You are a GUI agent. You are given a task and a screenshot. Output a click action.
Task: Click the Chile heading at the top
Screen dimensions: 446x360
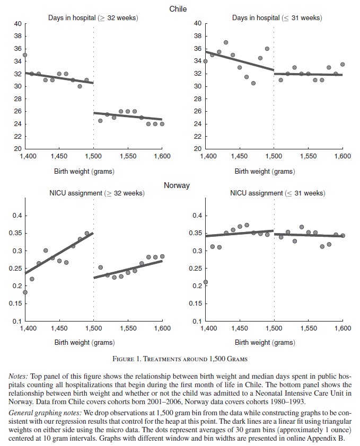click(x=178, y=9)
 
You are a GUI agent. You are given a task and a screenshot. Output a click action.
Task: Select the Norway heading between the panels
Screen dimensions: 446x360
click(x=177, y=186)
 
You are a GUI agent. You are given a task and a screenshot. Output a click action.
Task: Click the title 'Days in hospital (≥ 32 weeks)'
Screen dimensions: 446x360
click(x=93, y=18)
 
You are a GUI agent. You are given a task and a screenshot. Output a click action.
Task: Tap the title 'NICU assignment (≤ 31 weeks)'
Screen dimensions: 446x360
click(x=276, y=193)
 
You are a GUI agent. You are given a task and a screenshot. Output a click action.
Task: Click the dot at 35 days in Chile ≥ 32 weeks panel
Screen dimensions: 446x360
click(x=24, y=55)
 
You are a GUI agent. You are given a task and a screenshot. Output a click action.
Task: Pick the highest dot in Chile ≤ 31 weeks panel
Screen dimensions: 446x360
click(x=226, y=42)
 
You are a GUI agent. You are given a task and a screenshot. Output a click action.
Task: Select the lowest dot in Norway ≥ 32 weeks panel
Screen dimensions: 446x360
click(x=25, y=292)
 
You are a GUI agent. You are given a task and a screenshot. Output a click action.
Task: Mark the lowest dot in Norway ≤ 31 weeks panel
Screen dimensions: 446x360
click(x=205, y=282)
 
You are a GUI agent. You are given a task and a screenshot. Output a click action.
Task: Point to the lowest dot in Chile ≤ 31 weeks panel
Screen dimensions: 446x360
click(x=253, y=83)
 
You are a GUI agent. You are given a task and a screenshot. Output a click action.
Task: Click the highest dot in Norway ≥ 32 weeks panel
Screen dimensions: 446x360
click(x=87, y=233)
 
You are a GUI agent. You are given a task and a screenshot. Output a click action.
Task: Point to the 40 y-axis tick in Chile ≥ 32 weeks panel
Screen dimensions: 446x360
click(x=17, y=24)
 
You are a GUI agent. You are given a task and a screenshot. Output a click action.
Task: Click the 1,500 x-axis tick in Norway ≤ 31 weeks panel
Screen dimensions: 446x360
click(x=274, y=328)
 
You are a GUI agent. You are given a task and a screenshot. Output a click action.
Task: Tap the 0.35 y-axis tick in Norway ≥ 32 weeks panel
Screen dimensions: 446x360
click(x=15, y=233)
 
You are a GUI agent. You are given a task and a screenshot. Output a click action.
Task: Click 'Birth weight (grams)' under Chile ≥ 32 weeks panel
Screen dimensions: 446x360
click(x=84, y=171)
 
